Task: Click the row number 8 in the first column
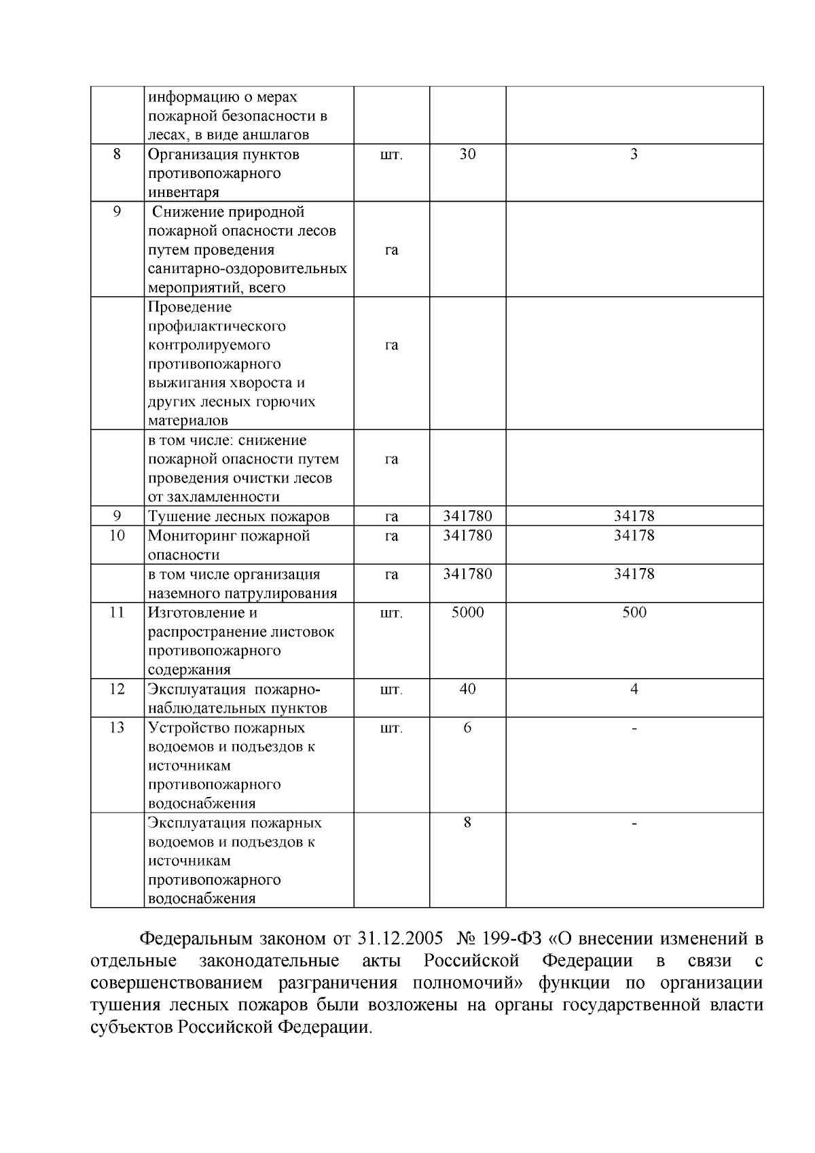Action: pyautogui.click(x=117, y=154)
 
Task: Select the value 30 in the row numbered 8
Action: pyautogui.click(x=467, y=154)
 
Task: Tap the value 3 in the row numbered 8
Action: pyautogui.click(x=634, y=154)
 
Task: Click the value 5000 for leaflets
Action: pyautogui.click(x=467, y=612)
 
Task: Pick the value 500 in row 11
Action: pyautogui.click(x=634, y=612)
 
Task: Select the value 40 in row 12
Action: pyautogui.click(x=467, y=689)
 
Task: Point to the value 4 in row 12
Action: pyautogui.click(x=634, y=689)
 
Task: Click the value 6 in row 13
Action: pyautogui.click(x=467, y=728)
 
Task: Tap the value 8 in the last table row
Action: pyautogui.click(x=467, y=823)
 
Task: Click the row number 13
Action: pyautogui.click(x=117, y=728)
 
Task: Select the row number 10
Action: pyautogui.click(x=117, y=535)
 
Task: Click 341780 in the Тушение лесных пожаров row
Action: pyautogui.click(x=467, y=516)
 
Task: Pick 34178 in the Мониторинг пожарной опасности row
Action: pyautogui.click(x=634, y=535)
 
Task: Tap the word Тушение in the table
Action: pyautogui.click(x=175, y=516)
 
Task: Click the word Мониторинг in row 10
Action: pyautogui.click(x=185, y=535)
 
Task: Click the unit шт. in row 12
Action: pyautogui.click(x=391, y=690)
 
